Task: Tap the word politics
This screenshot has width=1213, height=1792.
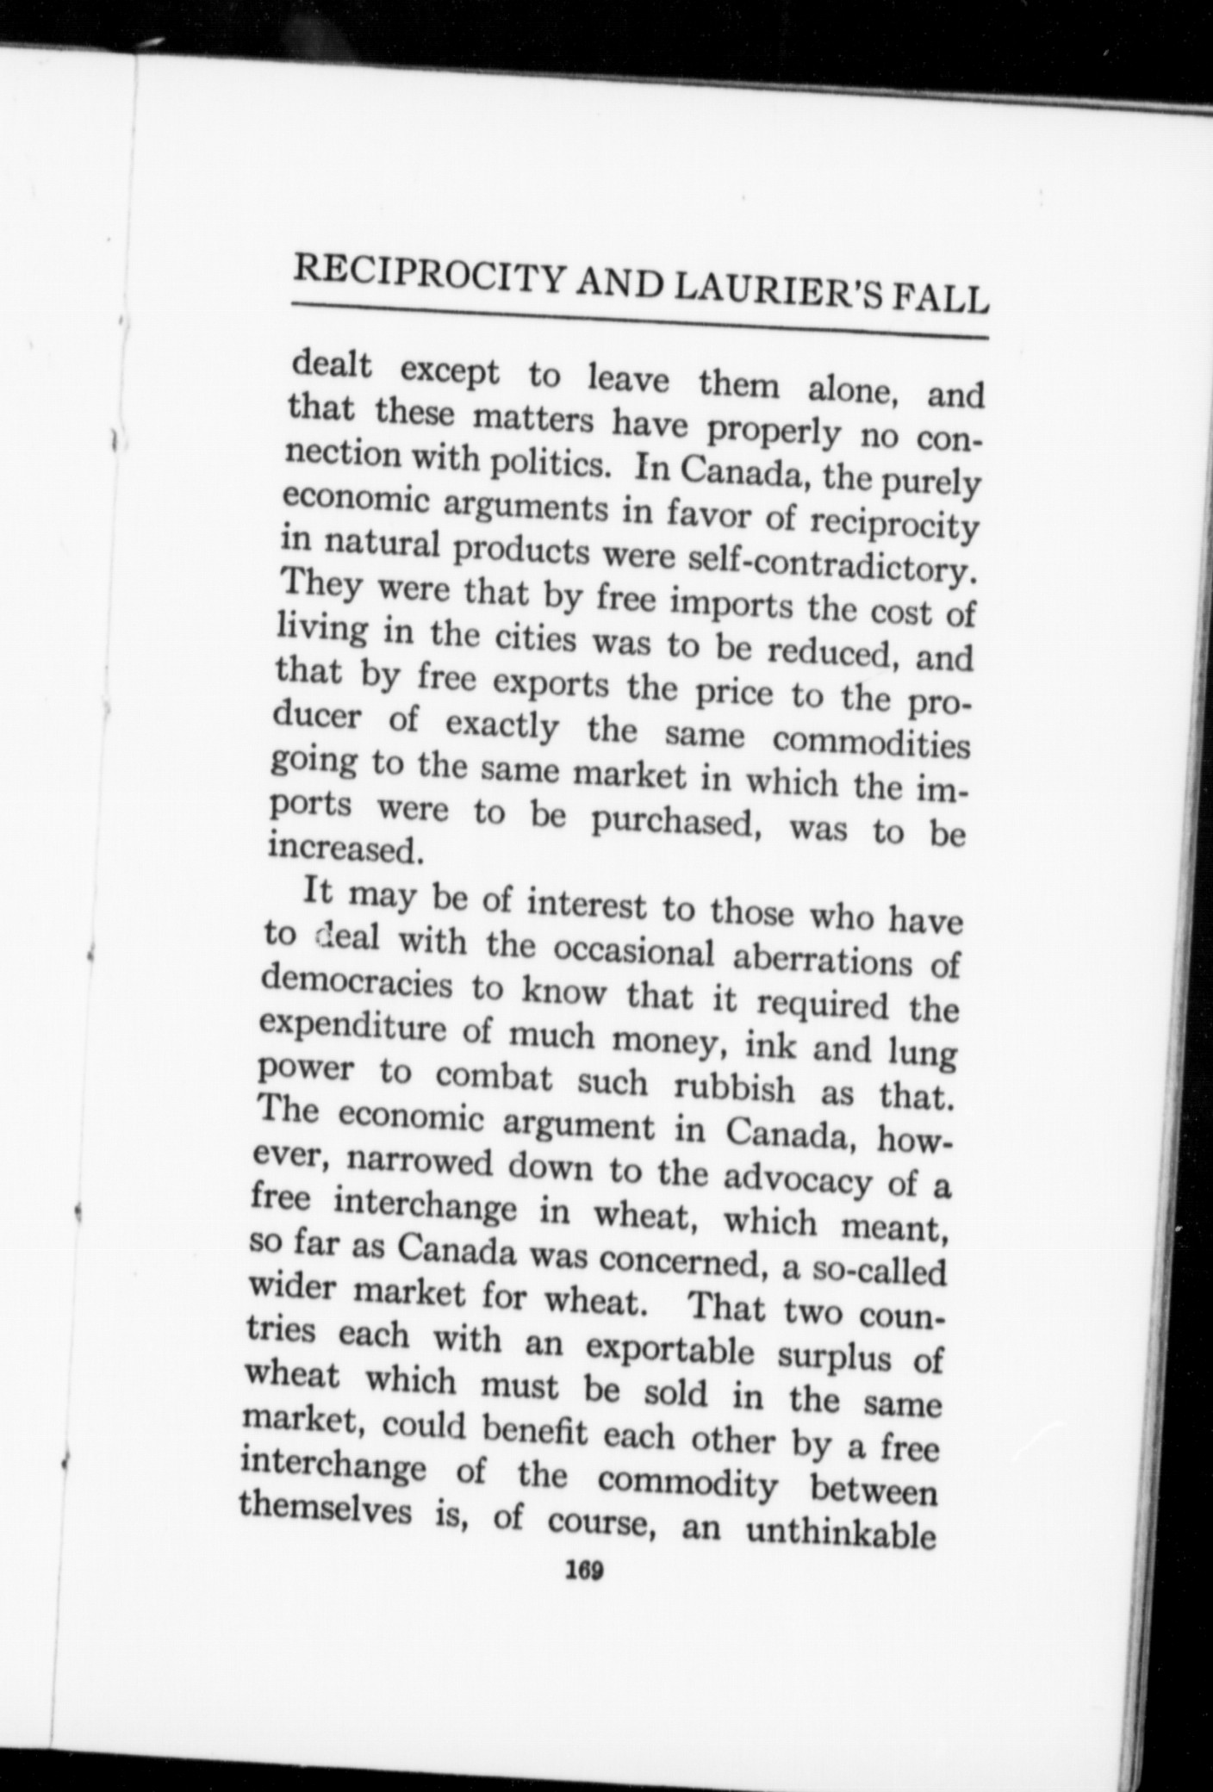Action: (x=551, y=465)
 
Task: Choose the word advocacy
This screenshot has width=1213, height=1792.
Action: (x=798, y=1179)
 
